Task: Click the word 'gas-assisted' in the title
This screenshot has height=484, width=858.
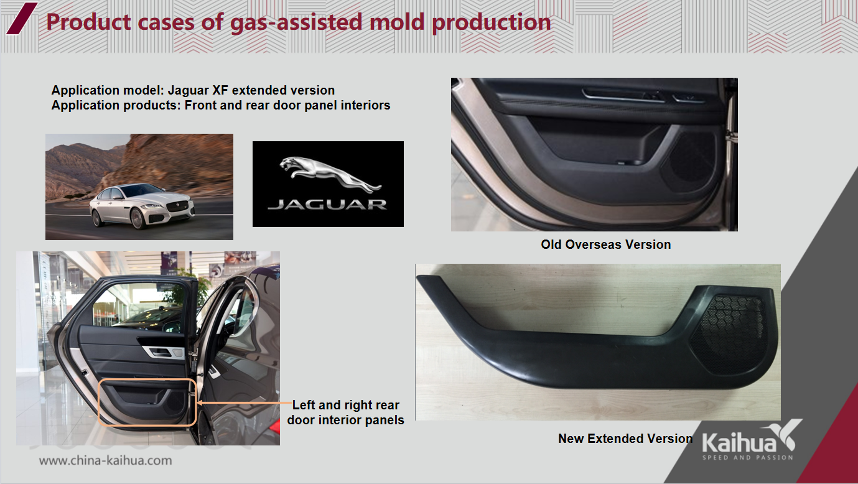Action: point(296,22)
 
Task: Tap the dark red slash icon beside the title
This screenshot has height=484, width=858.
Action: point(22,19)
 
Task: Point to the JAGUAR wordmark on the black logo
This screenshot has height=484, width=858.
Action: point(327,205)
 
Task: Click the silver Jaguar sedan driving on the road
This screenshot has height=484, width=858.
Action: point(142,206)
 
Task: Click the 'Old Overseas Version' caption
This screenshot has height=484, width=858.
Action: point(605,244)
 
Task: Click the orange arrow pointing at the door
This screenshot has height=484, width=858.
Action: point(244,403)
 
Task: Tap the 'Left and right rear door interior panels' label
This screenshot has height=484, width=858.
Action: point(345,412)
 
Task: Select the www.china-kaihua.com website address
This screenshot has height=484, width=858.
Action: point(105,460)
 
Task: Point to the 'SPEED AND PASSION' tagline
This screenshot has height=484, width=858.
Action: point(747,458)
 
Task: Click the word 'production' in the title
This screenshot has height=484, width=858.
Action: point(492,22)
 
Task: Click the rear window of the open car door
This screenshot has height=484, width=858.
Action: point(142,306)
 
